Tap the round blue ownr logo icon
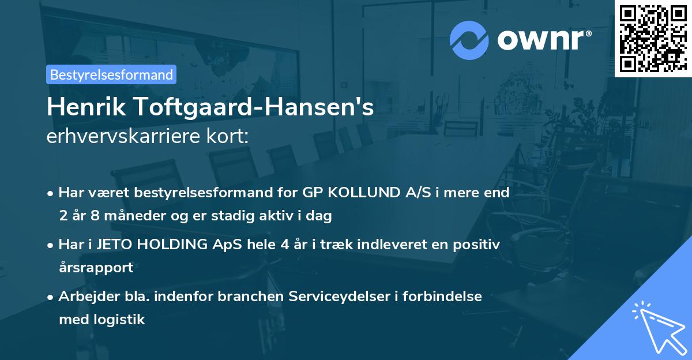pyautogui.click(x=469, y=40)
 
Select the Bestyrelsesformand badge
pyautogui.click(x=111, y=74)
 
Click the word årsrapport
pyautogui.click(x=96, y=267)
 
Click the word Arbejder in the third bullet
pyautogui.click(x=85, y=296)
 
